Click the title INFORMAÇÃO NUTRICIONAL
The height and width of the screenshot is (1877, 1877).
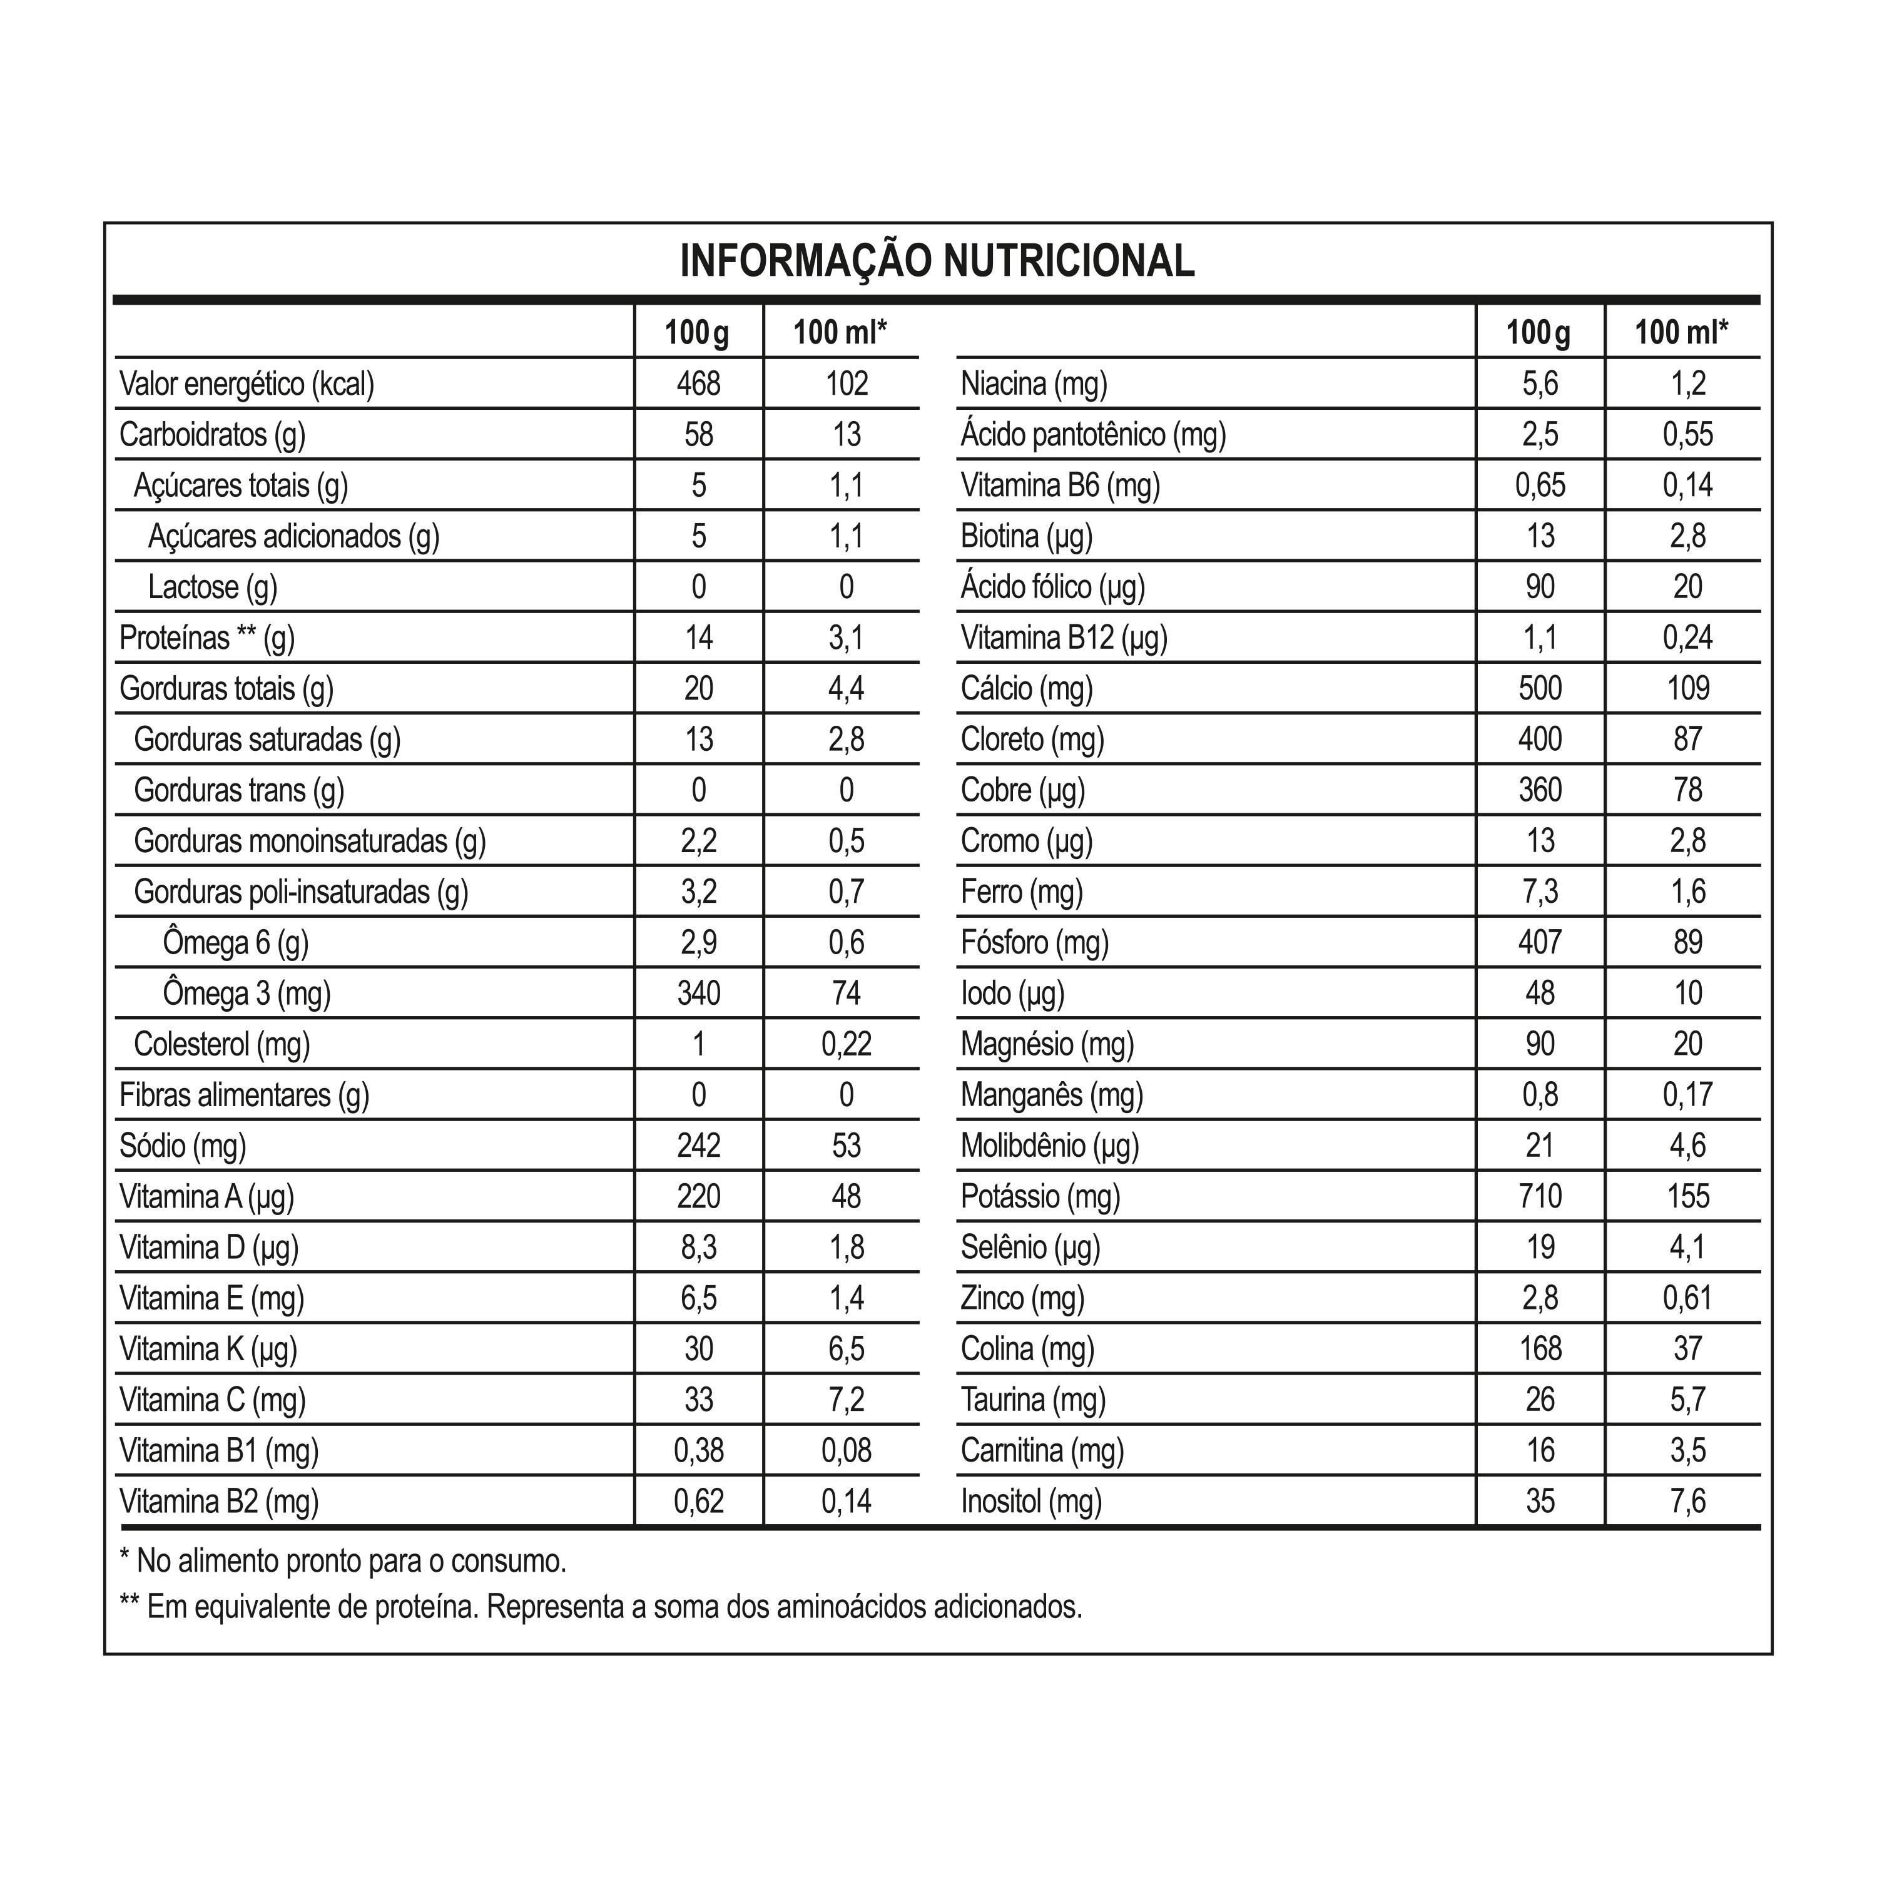tap(937, 262)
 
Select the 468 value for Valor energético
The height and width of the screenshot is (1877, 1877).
tap(698, 384)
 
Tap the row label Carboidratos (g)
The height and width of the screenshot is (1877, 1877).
tap(212, 434)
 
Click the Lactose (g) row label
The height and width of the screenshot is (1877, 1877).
tap(213, 587)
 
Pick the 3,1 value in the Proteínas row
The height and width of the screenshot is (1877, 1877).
tap(845, 638)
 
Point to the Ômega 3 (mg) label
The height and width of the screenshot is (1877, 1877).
tap(247, 993)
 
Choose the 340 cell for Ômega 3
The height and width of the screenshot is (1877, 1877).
tap(698, 993)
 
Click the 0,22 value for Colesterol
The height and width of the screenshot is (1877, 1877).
tap(845, 1044)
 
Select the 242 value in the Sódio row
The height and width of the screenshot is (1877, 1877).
tap(698, 1146)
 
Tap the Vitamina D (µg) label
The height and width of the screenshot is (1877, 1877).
tap(209, 1248)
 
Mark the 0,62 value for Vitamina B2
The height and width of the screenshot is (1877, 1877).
tap(698, 1501)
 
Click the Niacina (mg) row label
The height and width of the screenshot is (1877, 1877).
tap(1034, 384)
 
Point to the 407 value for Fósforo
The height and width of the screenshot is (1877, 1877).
tap(1540, 942)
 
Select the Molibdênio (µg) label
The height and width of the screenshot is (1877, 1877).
tap(1049, 1146)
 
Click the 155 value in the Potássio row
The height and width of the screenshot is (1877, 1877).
tap(1687, 1196)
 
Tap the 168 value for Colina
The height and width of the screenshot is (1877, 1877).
tap(1540, 1348)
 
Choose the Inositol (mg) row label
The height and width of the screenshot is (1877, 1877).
tap(1031, 1501)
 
